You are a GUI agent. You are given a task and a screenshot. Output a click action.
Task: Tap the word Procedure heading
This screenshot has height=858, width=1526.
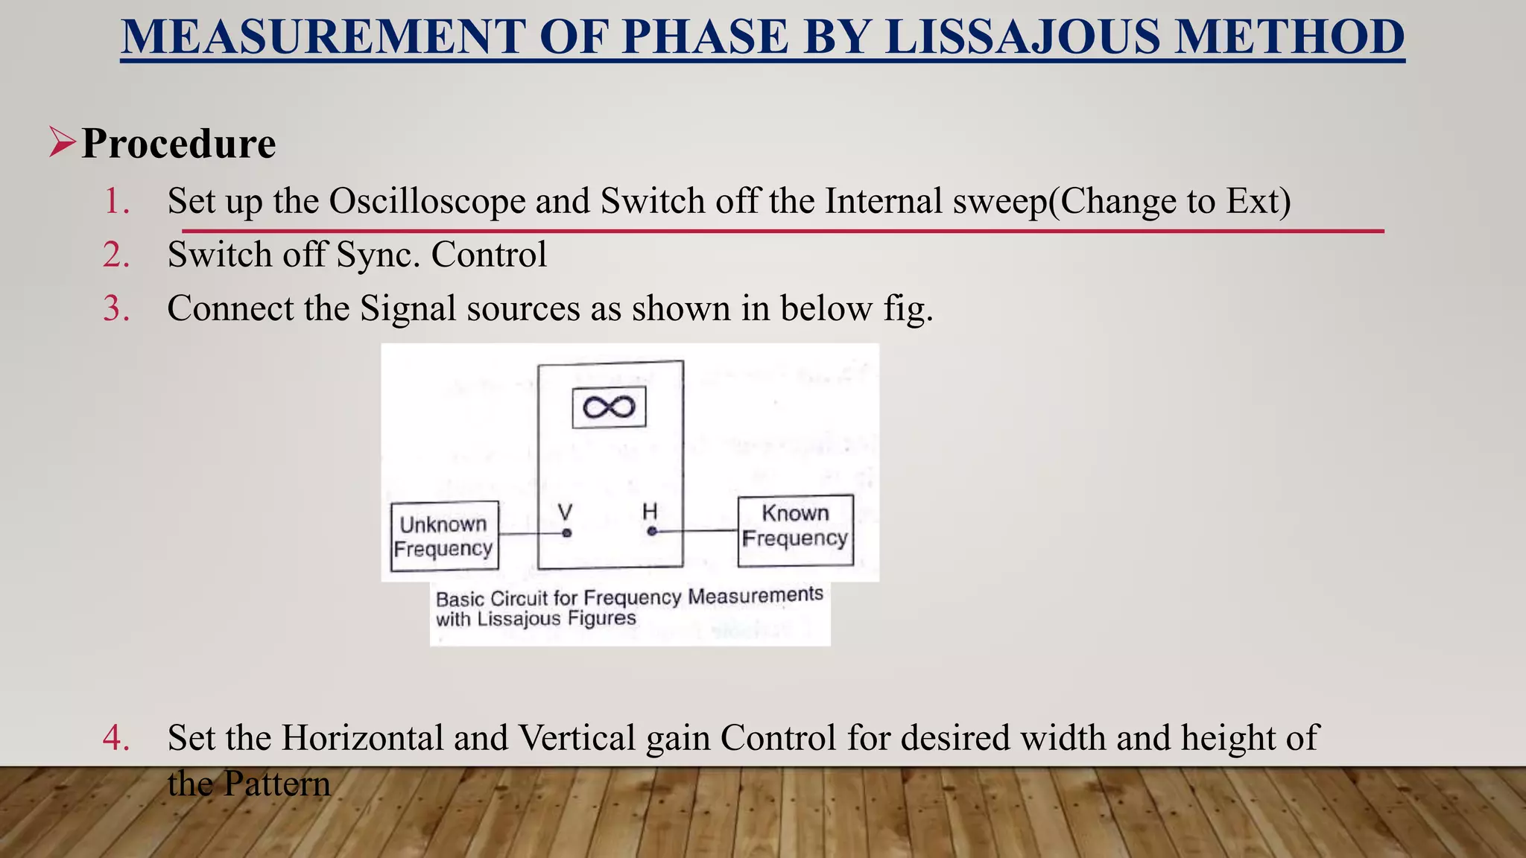(178, 143)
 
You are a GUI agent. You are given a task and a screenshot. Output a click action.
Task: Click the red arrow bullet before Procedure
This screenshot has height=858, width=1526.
(63, 142)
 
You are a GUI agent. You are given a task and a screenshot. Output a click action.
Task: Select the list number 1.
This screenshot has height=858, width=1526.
(116, 201)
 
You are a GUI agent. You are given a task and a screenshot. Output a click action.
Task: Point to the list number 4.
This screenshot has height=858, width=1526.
(116, 738)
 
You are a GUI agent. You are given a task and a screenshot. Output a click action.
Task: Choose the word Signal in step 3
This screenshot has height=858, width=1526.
(408, 308)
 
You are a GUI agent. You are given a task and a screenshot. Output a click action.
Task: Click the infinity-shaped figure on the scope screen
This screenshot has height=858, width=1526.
(609, 407)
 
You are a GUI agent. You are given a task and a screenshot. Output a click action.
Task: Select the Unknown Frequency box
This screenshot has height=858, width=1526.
(444, 536)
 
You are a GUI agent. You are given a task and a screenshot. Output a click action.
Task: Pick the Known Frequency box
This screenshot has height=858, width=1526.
(795, 531)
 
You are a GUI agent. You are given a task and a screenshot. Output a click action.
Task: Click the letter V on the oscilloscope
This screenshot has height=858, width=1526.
(566, 512)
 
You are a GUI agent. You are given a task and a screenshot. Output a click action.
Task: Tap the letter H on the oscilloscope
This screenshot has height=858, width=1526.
(650, 512)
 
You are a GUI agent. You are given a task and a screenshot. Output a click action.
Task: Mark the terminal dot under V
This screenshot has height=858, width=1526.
(567, 533)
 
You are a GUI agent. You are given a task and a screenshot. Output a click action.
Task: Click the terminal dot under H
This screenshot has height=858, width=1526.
(652, 532)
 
